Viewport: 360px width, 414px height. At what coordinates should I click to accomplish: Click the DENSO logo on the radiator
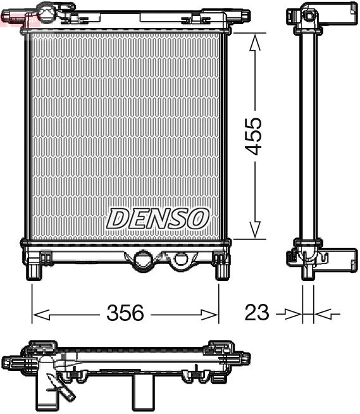click(x=158, y=218)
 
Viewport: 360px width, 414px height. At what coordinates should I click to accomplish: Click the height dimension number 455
click(x=255, y=136)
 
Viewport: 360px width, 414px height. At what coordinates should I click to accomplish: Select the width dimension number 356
click(x=125, y=313)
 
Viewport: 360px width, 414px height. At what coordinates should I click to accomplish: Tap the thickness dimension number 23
click(x=256, y=313)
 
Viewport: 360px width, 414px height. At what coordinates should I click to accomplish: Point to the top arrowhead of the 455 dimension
click(x=255, y=42)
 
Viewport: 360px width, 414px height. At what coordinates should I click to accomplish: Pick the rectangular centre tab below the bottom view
click(x=144, y=393)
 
